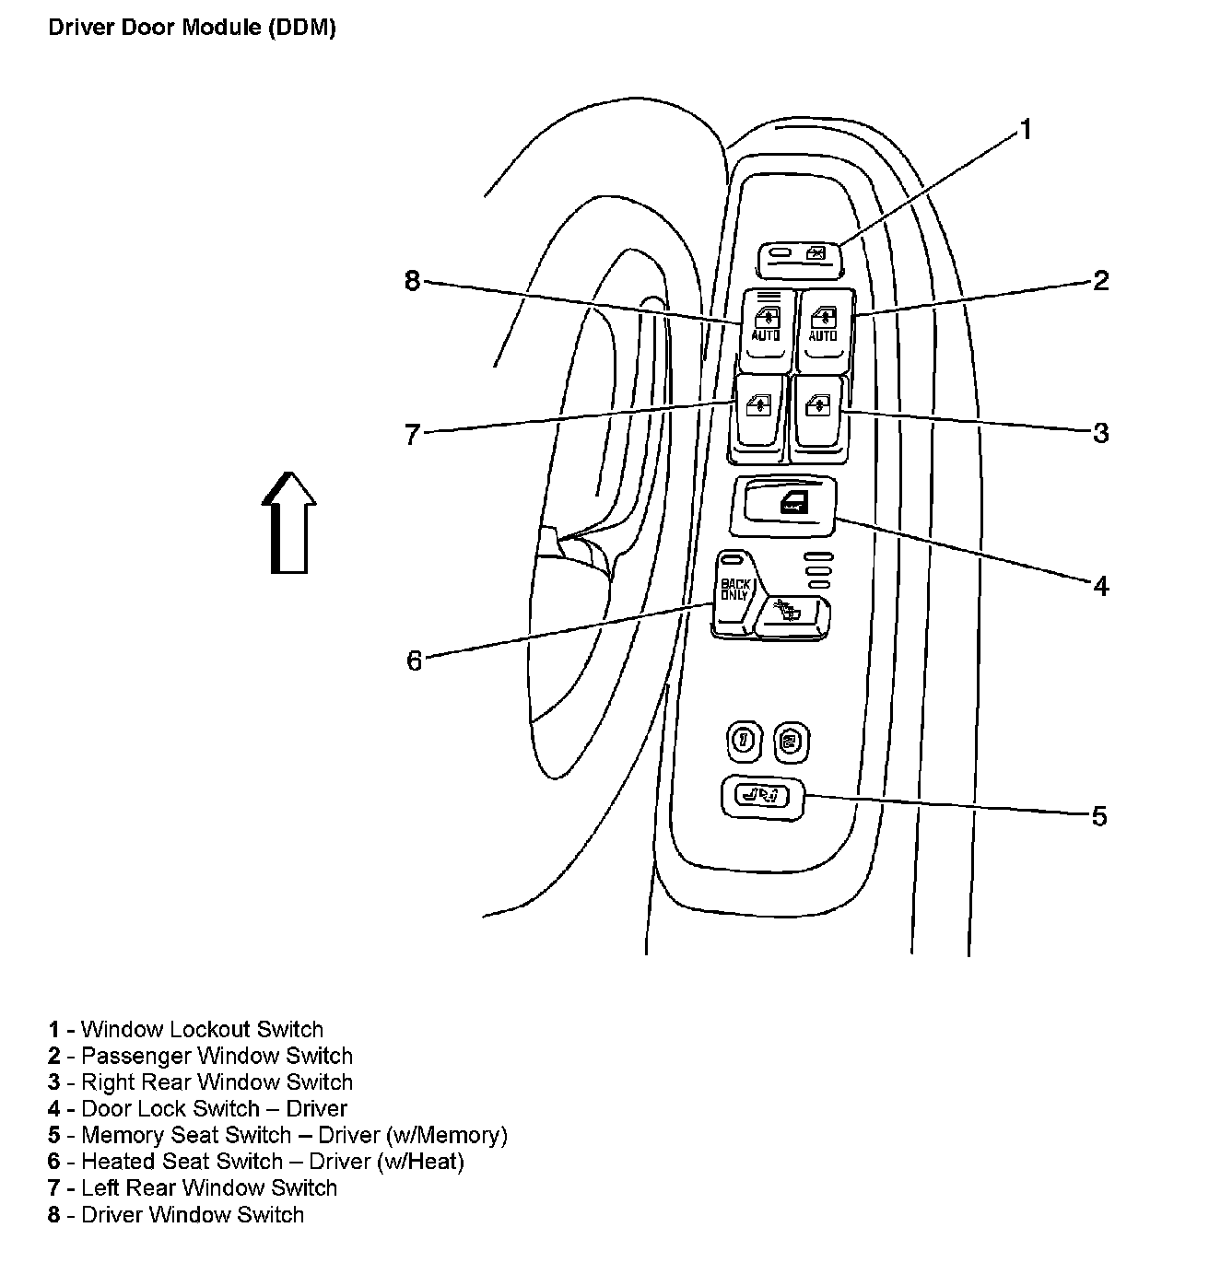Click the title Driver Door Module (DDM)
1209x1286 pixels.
192,28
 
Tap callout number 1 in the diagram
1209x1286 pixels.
1024,131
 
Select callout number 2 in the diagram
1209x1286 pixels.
1100,281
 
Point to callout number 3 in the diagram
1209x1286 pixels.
1100,433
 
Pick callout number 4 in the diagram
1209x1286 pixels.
1100,586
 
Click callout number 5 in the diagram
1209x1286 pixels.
1098,816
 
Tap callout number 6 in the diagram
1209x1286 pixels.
414,661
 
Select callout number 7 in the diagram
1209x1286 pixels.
413,434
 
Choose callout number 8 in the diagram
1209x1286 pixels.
413,281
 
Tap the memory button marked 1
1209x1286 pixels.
744,741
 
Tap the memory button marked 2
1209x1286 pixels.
791,741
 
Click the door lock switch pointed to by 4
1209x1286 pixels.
783,505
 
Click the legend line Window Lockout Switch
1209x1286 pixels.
186,1030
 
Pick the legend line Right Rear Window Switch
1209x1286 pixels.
201,1082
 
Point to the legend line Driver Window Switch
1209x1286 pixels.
176,1215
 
